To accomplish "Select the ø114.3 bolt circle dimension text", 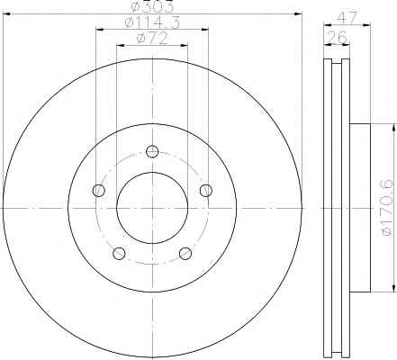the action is tap(152, 22).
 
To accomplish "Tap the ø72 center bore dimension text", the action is tap(152, 38).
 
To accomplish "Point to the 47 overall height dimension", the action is tap(347, 17).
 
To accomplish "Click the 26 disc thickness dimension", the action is tap(337, 37).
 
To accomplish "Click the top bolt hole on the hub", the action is tap(152, 151).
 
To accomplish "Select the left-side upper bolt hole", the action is tap(99, 190).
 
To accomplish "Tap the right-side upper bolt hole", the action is tap(206, 190).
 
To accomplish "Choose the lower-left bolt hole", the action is tap(119, 253).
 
